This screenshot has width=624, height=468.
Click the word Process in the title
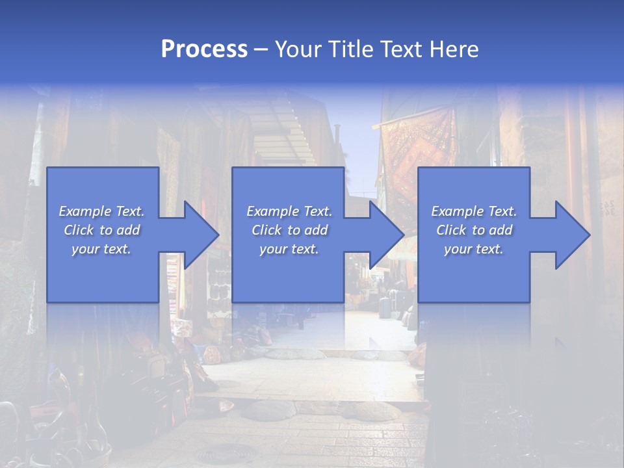click(x=204, y=49)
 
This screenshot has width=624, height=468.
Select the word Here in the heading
click(x=455, y=49)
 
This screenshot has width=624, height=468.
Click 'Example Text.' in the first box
click(x=101, y=211)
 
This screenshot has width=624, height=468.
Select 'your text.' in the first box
click(x=101, y=249)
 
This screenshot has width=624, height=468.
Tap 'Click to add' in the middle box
click(x=289, y=230)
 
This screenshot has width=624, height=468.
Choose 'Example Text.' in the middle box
click(x=289, y=211)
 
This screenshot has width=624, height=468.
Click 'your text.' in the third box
click(x=474, y=249)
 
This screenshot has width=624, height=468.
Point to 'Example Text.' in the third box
click(x=474, y=211)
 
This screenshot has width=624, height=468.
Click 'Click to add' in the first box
click(x=101, y=230)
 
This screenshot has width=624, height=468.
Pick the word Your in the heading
click(x=298, y=49)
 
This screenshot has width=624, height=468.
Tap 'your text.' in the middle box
click(x=289, y=249)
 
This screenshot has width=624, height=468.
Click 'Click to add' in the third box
click(x=474, y=230)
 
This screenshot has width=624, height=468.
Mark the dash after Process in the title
click(x=261, y=49)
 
